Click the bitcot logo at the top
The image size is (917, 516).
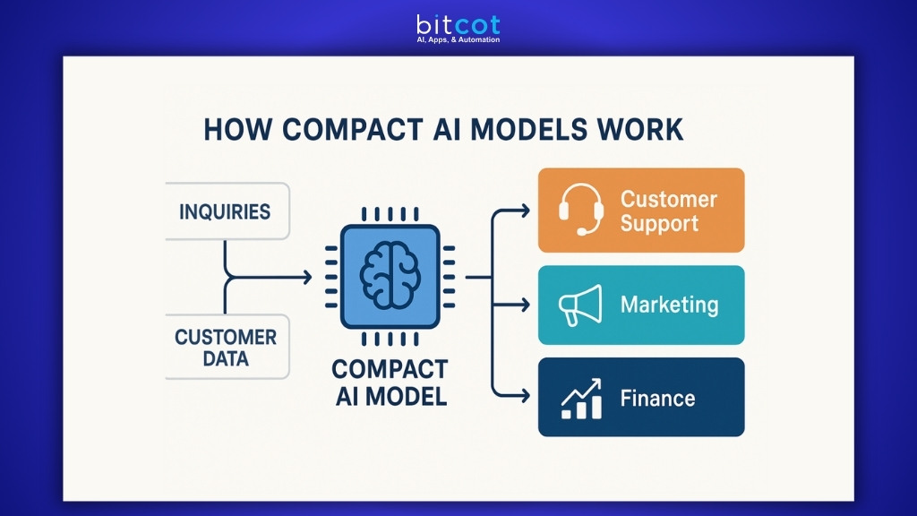point(458,23)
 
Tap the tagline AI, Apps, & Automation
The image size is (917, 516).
point(458,40)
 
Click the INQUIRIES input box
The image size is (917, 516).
point(226,212)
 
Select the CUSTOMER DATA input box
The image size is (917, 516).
point(226,348)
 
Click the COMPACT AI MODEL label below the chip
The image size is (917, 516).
point(389,383)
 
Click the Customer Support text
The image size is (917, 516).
point(668,211)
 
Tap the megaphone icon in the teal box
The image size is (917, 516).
point(578,305)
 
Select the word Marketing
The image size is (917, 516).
point(669,305)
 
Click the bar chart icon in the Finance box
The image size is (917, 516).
point(580,398)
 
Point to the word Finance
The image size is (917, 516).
point(657,398)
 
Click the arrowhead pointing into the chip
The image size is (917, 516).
point(306,278)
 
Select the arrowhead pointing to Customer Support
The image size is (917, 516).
point(524,211)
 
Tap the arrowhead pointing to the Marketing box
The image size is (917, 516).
point(524,305)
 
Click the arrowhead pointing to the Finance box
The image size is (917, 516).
point(524,395)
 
